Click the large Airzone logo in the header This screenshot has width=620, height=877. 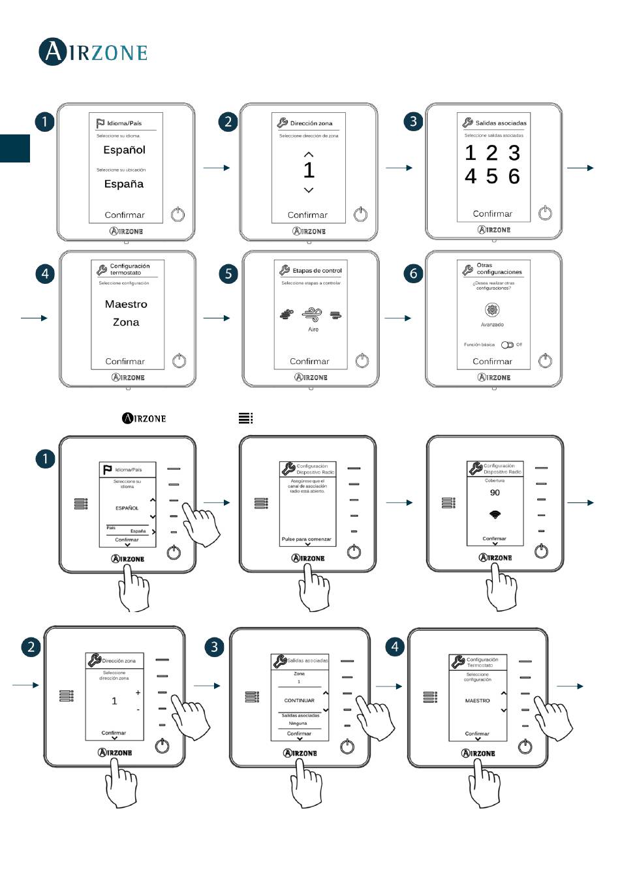click(93, 52)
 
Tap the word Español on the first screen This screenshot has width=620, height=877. click(124, 150)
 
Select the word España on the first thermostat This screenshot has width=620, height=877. click(124, 184)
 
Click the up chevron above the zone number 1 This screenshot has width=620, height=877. click(309, 155)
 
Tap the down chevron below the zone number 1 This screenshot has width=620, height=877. click(309, 190)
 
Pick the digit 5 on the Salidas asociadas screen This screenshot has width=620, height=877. click(492, 176)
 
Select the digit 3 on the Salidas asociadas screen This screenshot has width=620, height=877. click(514, 153)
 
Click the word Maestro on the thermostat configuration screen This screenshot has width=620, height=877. click(126, 304)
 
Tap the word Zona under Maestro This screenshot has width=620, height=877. click(126, 322)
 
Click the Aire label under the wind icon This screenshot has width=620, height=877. click(313, 330)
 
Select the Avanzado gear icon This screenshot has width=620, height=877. click(492, 311)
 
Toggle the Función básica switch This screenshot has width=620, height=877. click(507, 345)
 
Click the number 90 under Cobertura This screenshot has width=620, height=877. click(495, 493)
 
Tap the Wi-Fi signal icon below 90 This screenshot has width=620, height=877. click(495, 515)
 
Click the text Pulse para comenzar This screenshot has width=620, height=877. click(307, 540)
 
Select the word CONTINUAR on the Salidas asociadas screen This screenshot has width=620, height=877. click(299, 700)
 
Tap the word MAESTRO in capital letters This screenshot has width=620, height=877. click(477, 700)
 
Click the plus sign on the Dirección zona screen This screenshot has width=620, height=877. click(138, 692)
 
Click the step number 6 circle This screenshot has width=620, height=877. click(413, 273)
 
